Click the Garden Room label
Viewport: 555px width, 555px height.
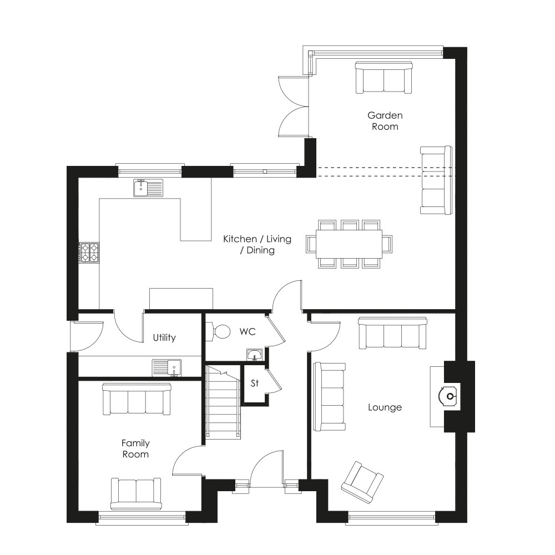tap(385, 121)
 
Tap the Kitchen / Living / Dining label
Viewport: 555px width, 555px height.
tap(258, 245)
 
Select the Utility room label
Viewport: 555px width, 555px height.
tap(164, 337)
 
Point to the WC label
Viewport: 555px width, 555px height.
tap(248, 332)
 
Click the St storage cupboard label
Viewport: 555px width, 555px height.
tap(255, 383)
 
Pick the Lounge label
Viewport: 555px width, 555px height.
tap(385, 407)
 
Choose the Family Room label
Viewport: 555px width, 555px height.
tap(135, 448)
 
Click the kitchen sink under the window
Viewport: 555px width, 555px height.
tap(148, 188)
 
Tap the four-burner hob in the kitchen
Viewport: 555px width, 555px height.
tap(89, 253)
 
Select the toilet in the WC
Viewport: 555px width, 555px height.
tap(219, 331)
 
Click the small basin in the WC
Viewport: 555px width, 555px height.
tap(255, 355)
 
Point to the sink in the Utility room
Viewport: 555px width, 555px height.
tap(167, 368)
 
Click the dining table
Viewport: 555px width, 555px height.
tap(349, 244)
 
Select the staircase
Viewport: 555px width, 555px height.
tap(224, 402)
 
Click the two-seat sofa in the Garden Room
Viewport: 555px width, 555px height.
tap(384, 78)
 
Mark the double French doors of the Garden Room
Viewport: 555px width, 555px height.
tap(294, 106)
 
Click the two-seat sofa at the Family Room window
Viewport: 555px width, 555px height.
tap(136, 494)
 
